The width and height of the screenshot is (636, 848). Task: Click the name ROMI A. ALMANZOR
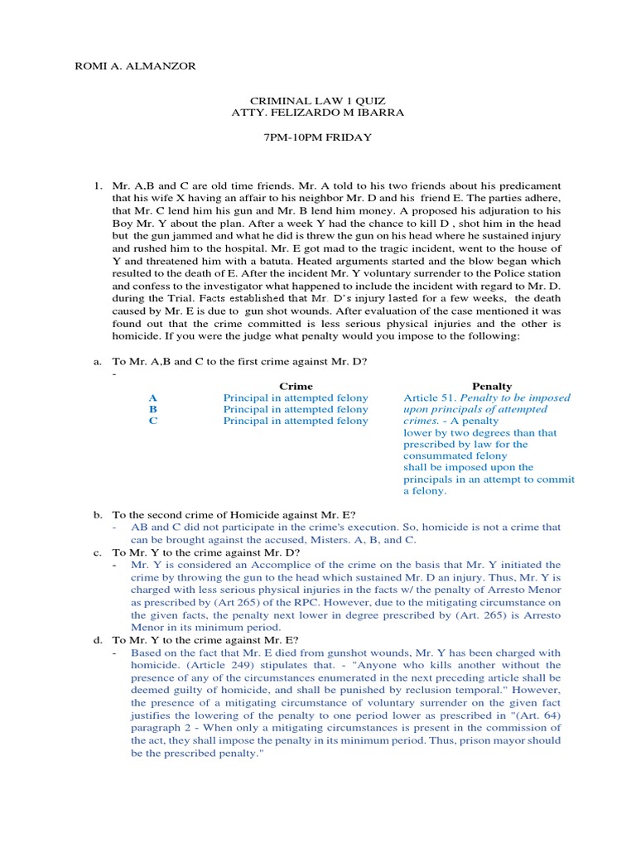(x=136, y=66)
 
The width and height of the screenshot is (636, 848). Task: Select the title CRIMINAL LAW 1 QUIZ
(x=318, y=101)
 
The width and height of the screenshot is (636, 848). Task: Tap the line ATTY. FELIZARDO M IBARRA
(x=318, y=113)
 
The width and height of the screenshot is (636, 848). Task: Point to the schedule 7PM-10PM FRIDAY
(x=318, y=137)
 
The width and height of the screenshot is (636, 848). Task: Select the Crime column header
(x=296, y=386)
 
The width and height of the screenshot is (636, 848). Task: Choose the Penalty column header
(x=492, y=386)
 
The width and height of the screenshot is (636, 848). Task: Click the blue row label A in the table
(x=152, y=398)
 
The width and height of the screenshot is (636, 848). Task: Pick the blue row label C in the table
(x=152, y=422)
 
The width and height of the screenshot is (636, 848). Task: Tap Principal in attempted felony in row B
(x=296, y=410)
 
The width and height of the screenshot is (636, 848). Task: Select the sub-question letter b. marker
(x=97, y=514)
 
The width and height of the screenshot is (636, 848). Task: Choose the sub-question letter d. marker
(x=97, y=640)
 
